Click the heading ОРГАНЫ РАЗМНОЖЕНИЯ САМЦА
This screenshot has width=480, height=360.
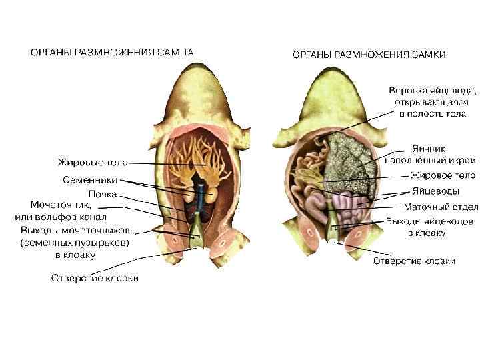tap(112, 51)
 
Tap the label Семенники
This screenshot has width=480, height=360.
tap(90, 180)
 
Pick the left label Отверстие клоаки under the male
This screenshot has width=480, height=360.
tap(95, 278)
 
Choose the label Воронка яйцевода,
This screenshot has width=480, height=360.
tap(433, 89)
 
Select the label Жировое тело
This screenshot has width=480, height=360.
tap(443, 176)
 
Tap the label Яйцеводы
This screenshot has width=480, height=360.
tap(435, 191)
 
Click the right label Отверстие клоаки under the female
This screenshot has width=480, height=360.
tap(414, 261)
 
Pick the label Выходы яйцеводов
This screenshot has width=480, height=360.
tap(430, 221)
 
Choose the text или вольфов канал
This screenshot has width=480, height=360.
tap(61, 217)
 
